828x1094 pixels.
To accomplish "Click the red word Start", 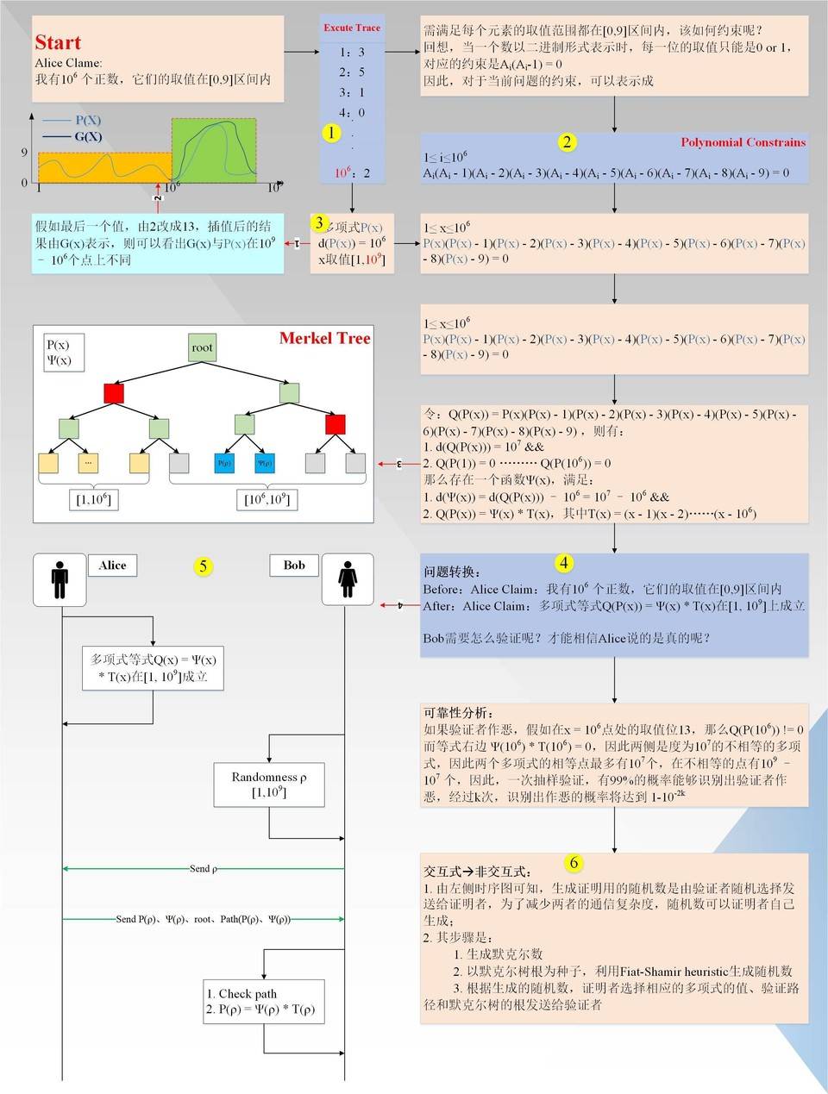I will coord(58,42).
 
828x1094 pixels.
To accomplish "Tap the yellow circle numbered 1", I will coord(331,133).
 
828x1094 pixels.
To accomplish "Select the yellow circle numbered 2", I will coord(567,142).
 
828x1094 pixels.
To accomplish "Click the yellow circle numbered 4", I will coord(563,563).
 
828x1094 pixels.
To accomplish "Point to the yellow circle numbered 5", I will coord(203,566).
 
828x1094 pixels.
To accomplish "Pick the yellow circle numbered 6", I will coord(574,863).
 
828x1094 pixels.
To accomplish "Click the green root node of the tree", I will coord(202,347).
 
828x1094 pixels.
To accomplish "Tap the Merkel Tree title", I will coord(324,339).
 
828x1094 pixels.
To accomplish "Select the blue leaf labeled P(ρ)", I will coord(225,463).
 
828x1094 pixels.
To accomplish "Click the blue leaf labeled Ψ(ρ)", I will coord(265,463).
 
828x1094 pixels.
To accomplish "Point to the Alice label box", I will coord(112,566).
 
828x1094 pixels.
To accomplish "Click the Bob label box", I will coord(294,566).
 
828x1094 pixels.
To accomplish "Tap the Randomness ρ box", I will coord(269,785).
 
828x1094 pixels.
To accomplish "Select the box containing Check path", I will coord(265,1001).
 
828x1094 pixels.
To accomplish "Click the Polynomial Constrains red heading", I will coord(743,142).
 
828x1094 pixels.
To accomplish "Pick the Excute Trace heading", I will coord(352,28).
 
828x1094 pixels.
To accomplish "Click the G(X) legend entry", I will coord(87,136).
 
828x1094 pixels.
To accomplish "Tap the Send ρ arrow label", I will coord(203,869).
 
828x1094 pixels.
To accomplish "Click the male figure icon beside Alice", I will coord(60,579).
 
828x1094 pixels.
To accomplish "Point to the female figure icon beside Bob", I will coord(348,579).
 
